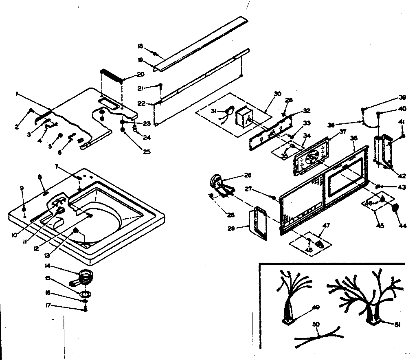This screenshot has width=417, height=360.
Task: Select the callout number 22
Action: pos(141,103)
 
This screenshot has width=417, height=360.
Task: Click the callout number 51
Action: pos(398,324)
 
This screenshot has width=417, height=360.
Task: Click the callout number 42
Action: pos(402,176)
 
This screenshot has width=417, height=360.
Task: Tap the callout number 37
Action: pos(342,131)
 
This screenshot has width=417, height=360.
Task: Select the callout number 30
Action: pos(278,94)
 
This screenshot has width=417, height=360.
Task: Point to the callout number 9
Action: pos(22,188)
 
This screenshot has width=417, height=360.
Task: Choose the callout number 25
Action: pos(146,152)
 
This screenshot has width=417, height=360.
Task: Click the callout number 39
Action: pos(402,98)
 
